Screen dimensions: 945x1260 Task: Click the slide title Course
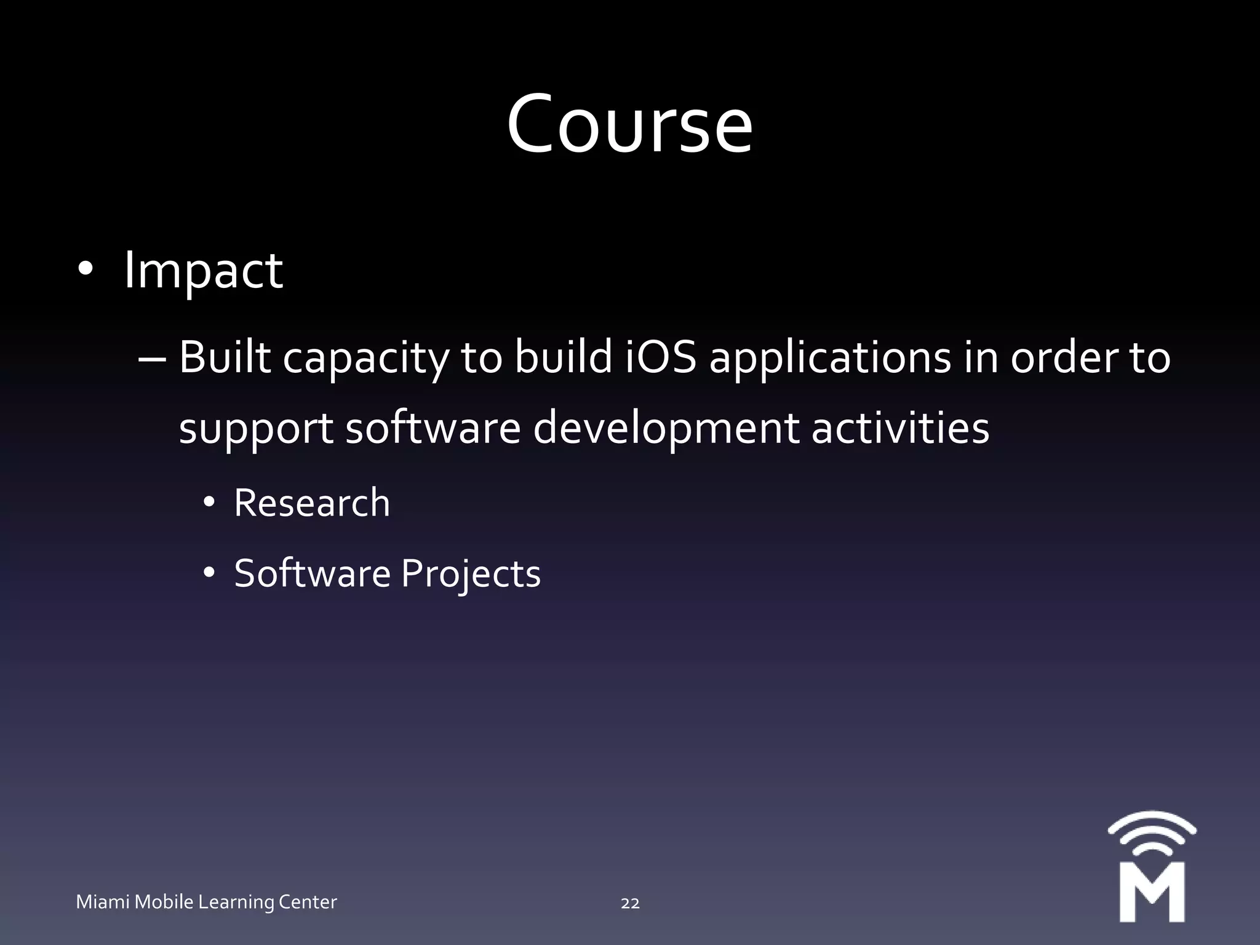[629, 125]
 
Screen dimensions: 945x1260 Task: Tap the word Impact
[203, 271]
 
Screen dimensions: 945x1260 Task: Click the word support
[256, 429]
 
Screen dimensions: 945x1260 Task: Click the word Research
[312, 503]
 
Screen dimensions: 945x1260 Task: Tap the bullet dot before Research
[209, 503]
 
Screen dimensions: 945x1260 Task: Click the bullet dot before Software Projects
[209, 573]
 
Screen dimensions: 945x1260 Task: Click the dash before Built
[152, 358]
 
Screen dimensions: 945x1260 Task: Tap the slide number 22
[630, 903]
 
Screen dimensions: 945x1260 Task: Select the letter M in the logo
[1152, 891]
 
